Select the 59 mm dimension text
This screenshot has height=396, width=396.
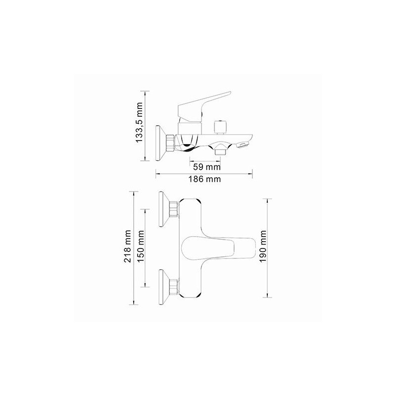tap(203, 166)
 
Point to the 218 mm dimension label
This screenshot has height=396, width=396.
tap(128, 246)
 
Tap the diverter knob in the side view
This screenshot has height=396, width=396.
tap(220, 126)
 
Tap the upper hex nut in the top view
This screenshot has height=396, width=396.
tap(173, 209)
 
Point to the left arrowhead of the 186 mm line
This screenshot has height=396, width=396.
tap(157, 173)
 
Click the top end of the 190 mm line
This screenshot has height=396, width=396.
tap(268, 199)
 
